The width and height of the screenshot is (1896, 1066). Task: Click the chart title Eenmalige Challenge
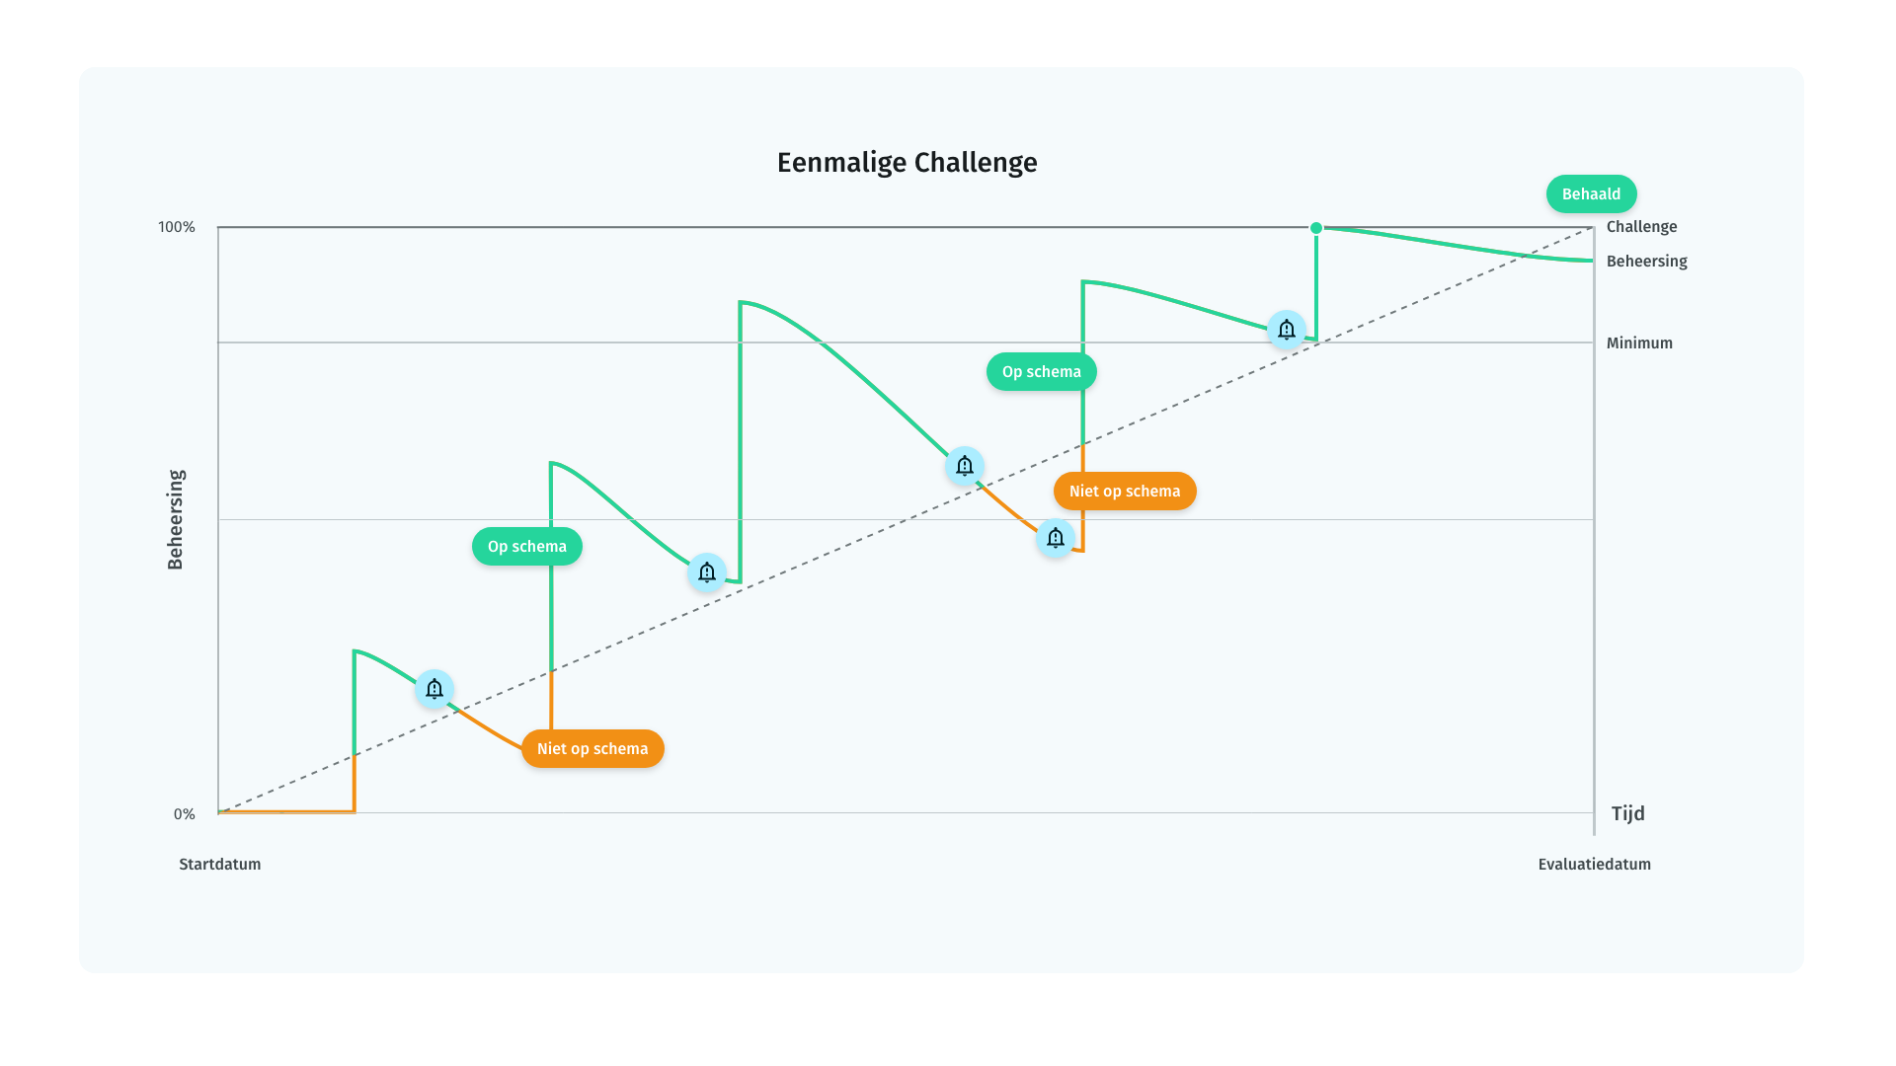(907, 163)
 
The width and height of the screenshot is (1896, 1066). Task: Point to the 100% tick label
(177, 227)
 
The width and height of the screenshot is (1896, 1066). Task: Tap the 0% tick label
(185, 814)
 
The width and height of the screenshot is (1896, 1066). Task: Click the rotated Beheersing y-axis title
(176, 519)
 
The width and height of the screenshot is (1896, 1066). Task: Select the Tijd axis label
(1628, 813)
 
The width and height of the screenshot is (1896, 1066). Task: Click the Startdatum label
(220, 865)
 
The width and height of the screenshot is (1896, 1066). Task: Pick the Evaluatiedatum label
(1595, 865)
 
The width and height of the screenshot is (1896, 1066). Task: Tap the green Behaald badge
(1592, 194)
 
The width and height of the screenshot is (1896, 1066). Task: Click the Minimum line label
(1639, 343)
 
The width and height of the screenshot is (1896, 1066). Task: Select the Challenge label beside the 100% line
(1641, 227)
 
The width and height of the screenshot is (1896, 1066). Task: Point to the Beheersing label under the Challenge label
(1646, 262)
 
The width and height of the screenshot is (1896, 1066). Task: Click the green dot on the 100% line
(1316, 228)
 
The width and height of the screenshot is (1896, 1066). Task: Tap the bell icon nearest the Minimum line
(1287, 330)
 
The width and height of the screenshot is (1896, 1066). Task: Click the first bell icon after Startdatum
(434, 689)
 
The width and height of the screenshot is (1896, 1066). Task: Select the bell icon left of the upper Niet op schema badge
(1056, 538)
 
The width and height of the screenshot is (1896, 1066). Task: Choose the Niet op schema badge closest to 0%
(592, 749)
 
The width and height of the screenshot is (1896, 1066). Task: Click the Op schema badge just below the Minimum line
(1042, 372)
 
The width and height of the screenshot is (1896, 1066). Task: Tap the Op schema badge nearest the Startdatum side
(527, 547)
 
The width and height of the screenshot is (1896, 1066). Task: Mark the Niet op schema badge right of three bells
(1125, 492)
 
